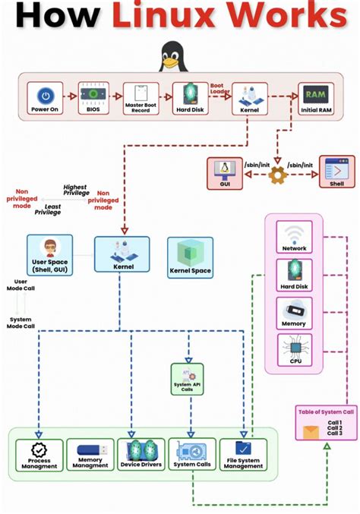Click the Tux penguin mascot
pos(172,56)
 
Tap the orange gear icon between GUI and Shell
pos(277,174)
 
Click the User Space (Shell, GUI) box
pos(49,256)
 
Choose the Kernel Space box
pos(190,257)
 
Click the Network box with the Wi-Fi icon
pos(294,238)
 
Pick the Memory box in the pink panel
pos(294,314)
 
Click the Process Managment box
pos(39,454)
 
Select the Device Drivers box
pos(141,454)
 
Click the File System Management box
pos(243,454)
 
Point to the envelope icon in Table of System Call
pos(311,432)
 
